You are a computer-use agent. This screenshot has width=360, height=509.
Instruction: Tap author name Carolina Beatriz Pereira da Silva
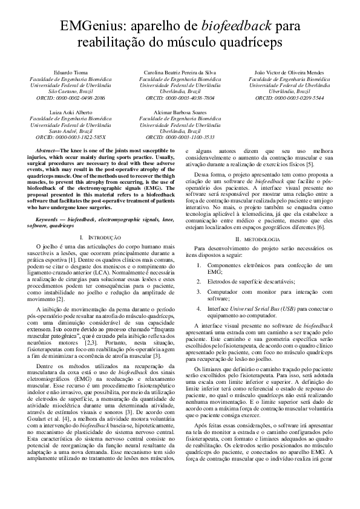pyautogui.click(x=180, y=73)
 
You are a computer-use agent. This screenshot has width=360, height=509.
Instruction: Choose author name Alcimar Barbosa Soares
pyautogui.click(x=180, y=113)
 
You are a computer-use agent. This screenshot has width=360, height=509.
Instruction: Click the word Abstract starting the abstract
pyautogui.click(x=47, y=149)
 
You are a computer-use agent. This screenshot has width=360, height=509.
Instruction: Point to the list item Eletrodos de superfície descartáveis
pyautogui.click(x=251, y=282)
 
